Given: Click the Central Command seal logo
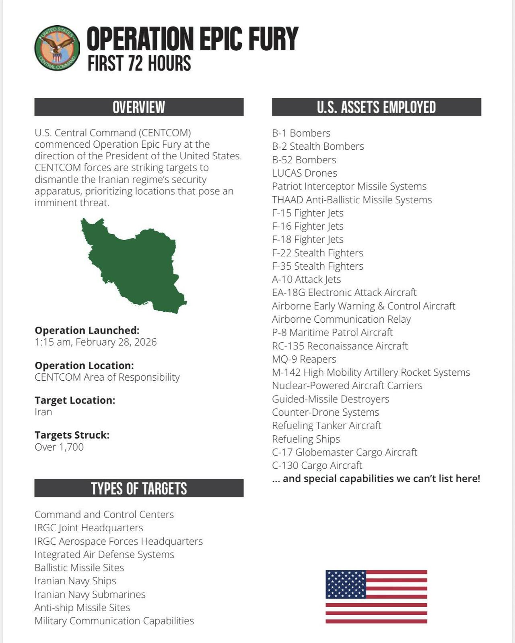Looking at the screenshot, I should click(x=57, y=48).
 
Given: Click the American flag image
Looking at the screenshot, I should click(x=376, y=597).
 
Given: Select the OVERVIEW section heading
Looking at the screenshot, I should click(x=139, y=107).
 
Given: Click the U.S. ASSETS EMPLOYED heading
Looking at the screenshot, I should click(x=376, y=107).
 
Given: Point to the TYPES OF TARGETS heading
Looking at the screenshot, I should click(x=139, y=488).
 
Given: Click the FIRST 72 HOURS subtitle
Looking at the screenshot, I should click(x=139, y=64).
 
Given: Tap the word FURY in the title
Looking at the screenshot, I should click(x=273, y=39).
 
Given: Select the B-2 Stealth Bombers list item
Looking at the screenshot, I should click(x=318, y=146).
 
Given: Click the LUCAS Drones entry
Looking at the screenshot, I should click(x=305, y=173).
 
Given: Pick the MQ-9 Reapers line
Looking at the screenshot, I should click(x=304, y=359).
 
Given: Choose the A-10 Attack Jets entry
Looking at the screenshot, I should click(x=306, y=279).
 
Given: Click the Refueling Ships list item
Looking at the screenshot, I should click(x=306, y=439).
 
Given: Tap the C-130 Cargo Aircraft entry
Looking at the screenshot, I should click(x=317, y=466).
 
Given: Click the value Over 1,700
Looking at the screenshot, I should click(x=59, y=447).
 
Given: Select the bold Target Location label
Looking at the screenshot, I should click(x=75, y=400).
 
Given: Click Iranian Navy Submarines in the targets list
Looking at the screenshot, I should click(x=90, y=594).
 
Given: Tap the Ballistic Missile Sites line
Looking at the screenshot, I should click(x=79, y=568).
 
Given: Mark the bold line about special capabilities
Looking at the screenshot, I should click(x=376, y=479).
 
